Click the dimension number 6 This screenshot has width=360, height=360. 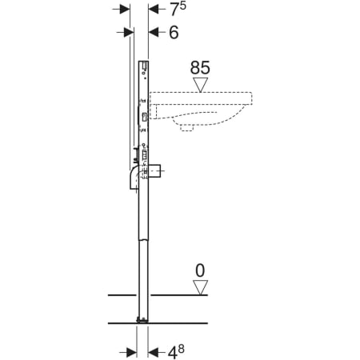click(174, 33)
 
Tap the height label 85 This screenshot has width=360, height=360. click(200, 68)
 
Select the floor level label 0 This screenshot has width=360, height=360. click(200, 270)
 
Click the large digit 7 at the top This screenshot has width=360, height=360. click(174, 10)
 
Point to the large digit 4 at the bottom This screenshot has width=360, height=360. click(173, 354)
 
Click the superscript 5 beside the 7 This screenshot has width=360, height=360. click(182, 6)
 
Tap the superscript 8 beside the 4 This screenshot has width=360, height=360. click(181, 349)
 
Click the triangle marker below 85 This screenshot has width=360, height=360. click(201, 85)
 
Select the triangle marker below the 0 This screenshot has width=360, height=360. click(200, 287)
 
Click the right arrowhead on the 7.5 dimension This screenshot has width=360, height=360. click(153, 10)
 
